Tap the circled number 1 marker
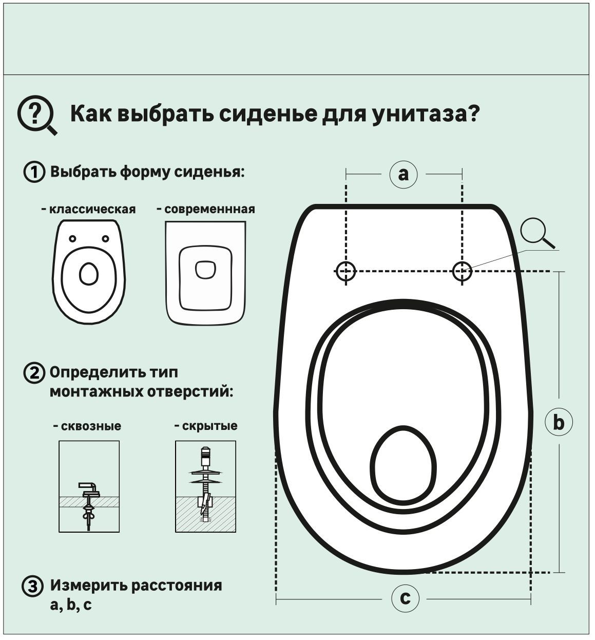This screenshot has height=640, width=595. pyautogui.click(x=34, y=172)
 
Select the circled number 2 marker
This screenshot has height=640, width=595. pyautogui.click(x=34, y=373)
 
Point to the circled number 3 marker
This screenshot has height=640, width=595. pyautogui.click(x=33, y=587)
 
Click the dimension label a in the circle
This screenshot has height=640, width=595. pyautogui.click(x=404, y=174)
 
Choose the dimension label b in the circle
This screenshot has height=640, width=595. pyautogui.click(x=558, y=422)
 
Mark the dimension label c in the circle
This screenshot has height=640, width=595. pyautogui.click(x=405, y=598)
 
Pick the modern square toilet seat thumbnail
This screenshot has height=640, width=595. pyautogui.click(x=205, y=273)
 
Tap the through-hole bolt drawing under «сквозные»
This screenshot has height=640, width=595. pyautogui.click(x=89, y=486)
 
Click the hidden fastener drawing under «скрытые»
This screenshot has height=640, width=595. pyautogui.click(x=205, y=486)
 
